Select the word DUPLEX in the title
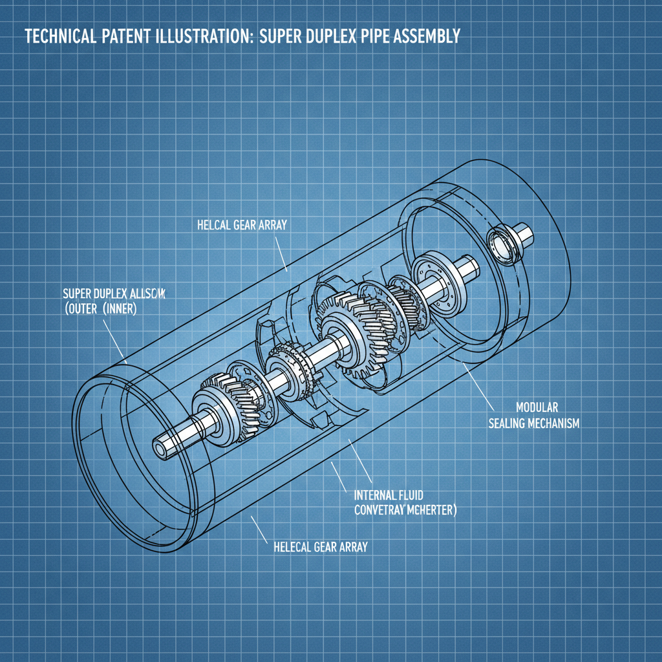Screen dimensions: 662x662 coord(313,36)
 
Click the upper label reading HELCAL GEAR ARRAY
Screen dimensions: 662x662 coord(241,226)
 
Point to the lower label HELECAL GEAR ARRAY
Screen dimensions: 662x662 coord(316,547)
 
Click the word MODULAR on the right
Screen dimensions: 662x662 coord(537,408)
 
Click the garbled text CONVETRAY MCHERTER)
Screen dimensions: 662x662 coord(405,510)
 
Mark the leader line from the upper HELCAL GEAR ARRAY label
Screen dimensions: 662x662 coord(281,255)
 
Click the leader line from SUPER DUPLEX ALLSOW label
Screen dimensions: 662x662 coord(112,337)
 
